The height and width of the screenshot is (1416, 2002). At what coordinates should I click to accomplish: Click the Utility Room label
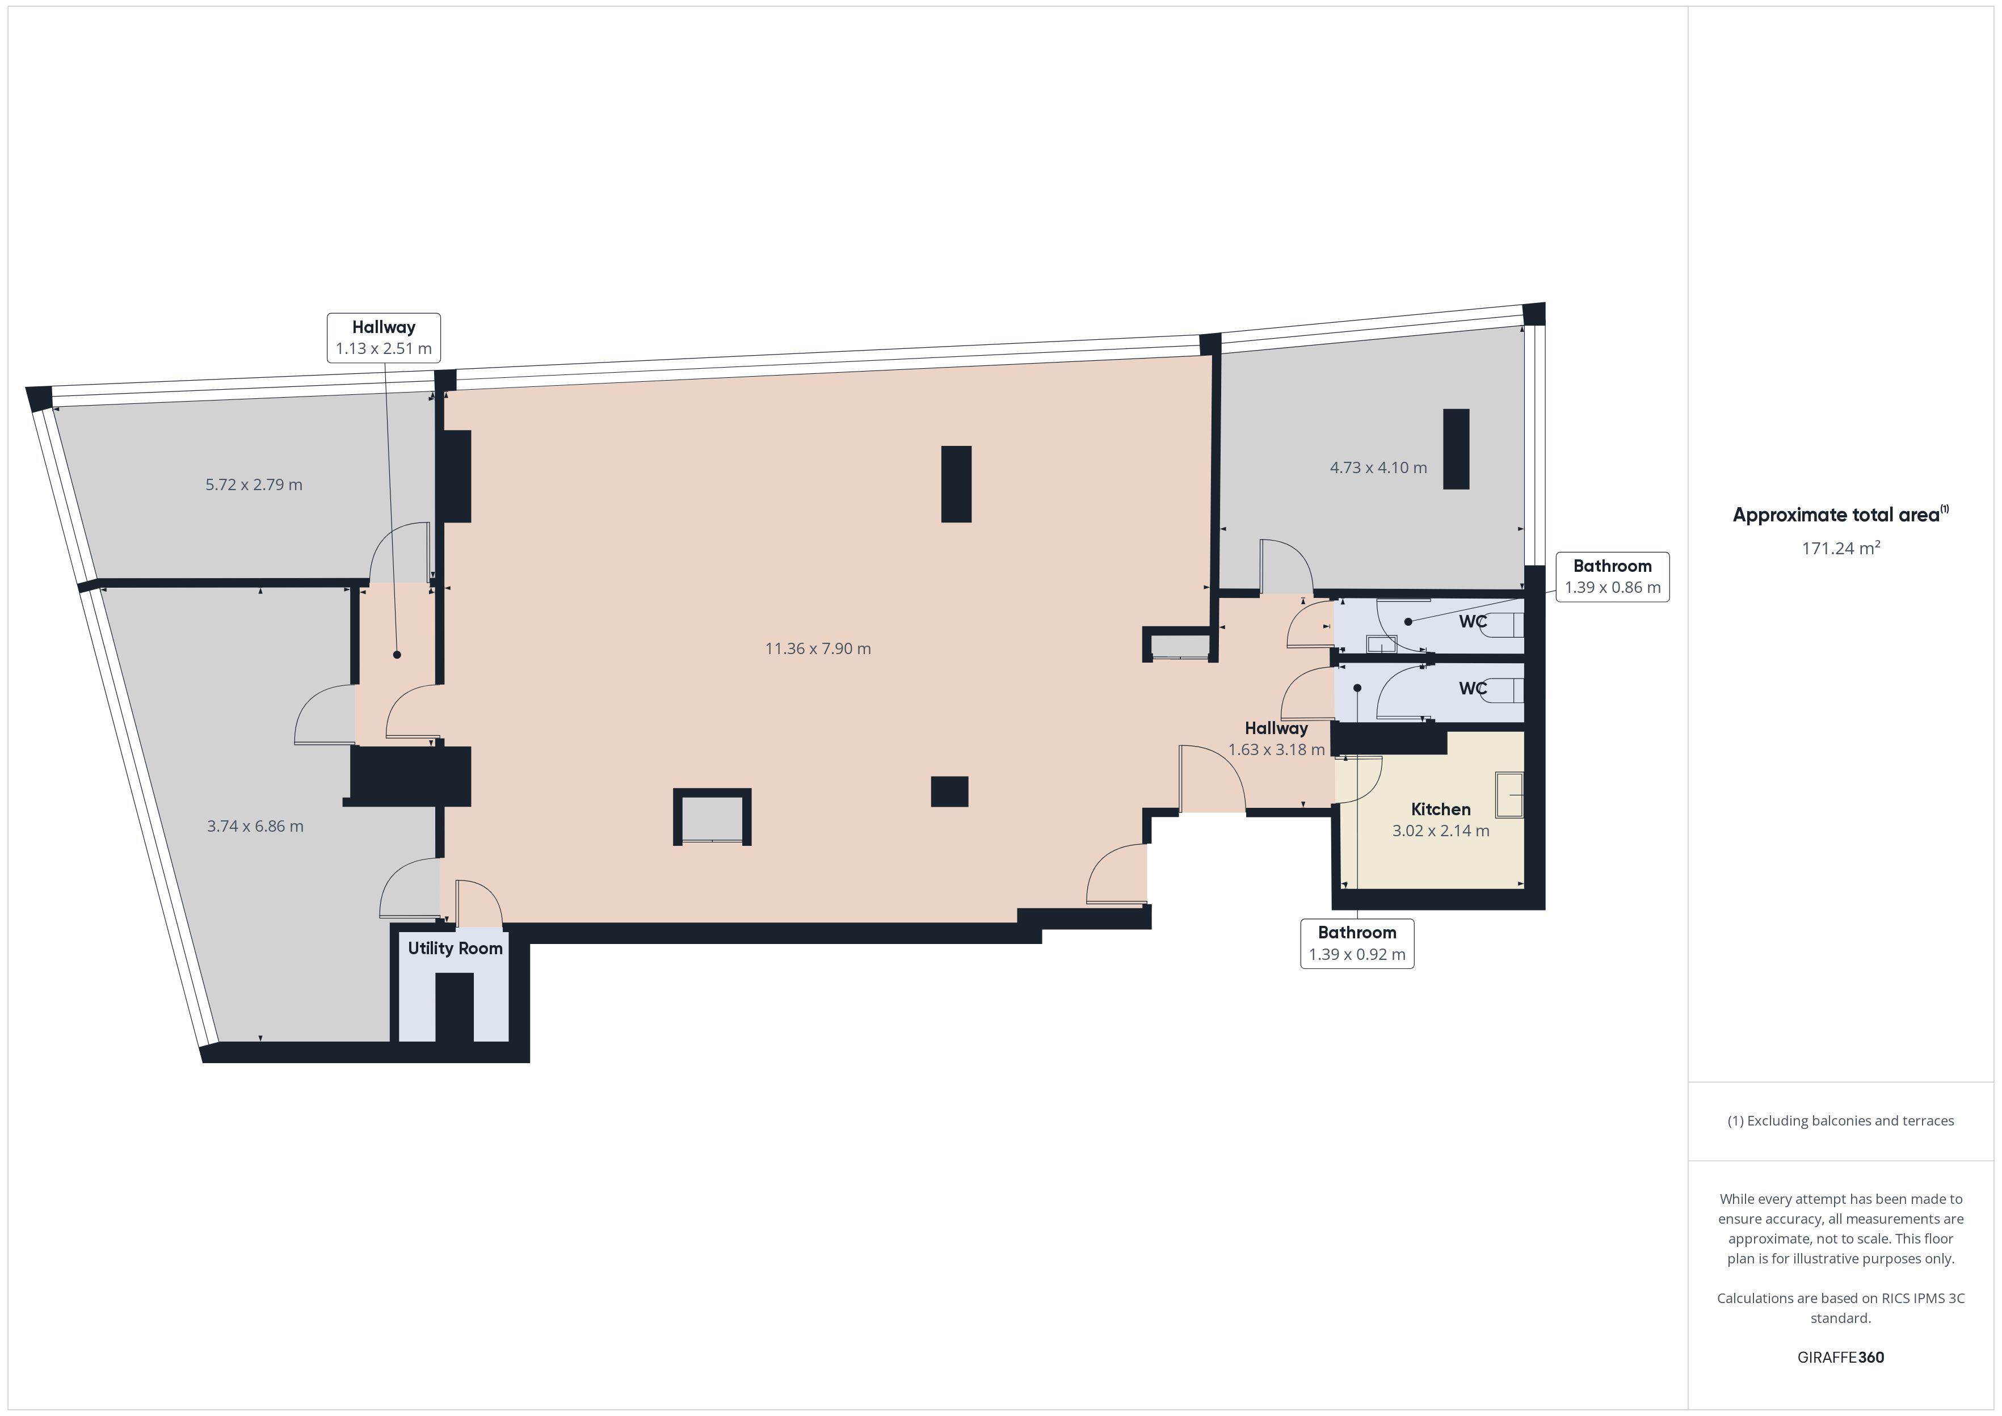pos(455,949)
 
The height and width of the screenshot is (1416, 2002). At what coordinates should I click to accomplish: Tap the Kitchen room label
pos(1440,809)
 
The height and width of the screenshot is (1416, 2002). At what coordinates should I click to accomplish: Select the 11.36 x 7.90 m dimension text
pos(818,648)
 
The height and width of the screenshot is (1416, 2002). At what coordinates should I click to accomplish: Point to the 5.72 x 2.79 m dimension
pos(254,485)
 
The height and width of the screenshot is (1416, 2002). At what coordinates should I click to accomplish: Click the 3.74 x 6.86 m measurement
pos(255,827)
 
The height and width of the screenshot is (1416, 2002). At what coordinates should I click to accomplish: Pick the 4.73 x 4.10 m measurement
pos(1378,467)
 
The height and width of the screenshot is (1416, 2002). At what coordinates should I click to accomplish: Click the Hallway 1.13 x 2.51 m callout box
pos(384,338)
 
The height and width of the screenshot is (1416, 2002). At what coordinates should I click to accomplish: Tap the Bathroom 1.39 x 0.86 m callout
pos(1612,576)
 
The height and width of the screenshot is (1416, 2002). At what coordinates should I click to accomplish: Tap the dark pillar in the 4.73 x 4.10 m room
pos(1456,449)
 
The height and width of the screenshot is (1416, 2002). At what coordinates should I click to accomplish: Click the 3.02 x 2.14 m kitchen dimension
pos(1440,831)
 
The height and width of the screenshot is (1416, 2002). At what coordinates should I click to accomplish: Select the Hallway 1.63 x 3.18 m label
pos(1277,739)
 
